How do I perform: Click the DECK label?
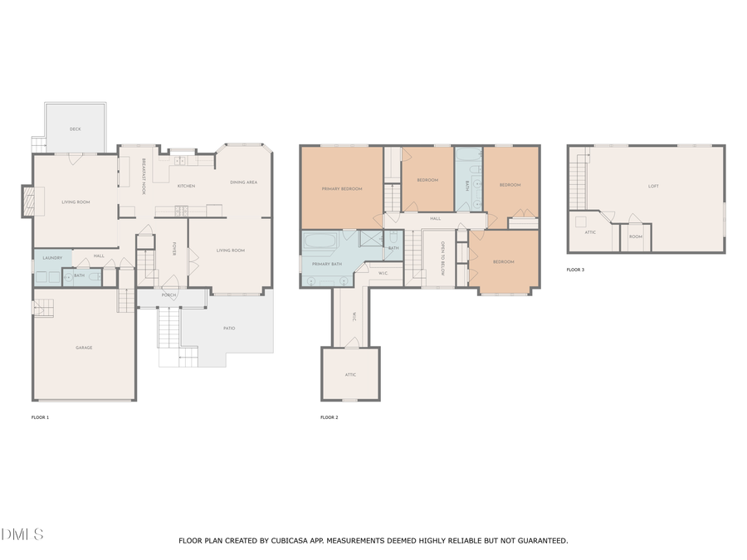click(76, 129)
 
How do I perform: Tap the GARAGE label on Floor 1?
click(84, 348)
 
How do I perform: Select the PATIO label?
click(229, 329)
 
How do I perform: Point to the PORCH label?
click(169, 295)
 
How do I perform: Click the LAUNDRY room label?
click(52, 258)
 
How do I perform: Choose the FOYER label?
click(174, 250)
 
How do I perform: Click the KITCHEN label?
click(186, 186)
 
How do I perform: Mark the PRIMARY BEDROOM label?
click(342, 189)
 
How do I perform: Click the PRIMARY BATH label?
click(327, 264)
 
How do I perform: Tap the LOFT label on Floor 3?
click(653, 187)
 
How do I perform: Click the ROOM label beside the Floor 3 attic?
click(635, 236)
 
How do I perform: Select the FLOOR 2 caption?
click(329, 417)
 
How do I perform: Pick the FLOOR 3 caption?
click(575, 270)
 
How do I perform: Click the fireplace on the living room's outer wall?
click(27, 201)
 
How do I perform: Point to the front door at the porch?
click(171, 287)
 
